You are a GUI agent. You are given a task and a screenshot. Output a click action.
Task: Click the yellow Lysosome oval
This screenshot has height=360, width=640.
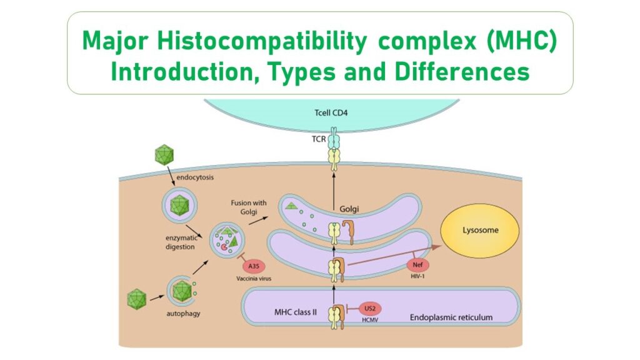(480, 230)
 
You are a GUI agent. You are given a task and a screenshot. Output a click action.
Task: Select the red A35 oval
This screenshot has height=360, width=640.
(254, 265)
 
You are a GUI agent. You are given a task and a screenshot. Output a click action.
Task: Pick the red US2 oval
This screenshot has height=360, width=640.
(369, 307)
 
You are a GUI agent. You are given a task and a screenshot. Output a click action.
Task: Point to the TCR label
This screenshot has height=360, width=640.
(317, 139)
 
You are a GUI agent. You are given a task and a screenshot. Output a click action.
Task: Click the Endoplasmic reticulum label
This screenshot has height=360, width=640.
(451, 317)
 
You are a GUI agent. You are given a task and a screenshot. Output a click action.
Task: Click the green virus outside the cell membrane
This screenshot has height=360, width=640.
(164, 154)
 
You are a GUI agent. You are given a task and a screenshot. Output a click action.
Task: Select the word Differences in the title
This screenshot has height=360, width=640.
(462, 71)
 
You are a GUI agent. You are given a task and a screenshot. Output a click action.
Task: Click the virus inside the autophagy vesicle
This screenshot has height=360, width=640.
(181, 290)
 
